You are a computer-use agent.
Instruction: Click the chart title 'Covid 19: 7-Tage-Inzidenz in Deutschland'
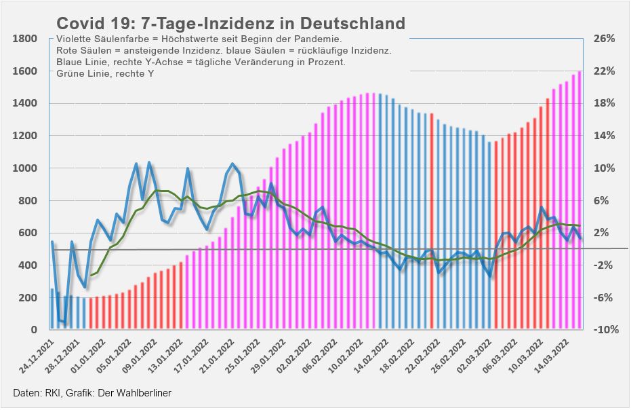tap(230, 23)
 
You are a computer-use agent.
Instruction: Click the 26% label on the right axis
tap(604, 39)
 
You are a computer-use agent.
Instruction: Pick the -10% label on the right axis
tap(603, 330)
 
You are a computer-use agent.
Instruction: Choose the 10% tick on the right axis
tap(604, 168)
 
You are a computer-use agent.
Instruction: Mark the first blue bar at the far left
tap(52, 309)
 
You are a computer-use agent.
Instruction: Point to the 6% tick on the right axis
tap(604, 201)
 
